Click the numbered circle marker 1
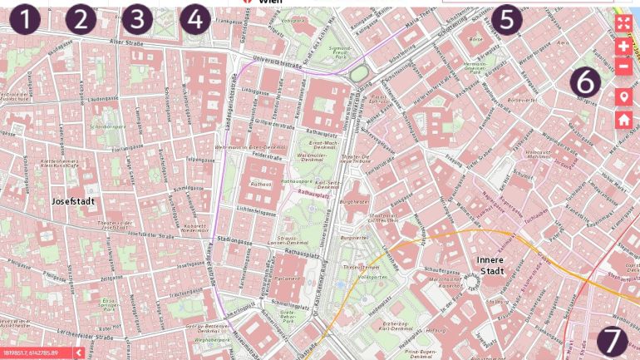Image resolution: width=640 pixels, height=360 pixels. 26,19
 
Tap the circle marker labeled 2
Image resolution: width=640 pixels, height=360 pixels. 81,19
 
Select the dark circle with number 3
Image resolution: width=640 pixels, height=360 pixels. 137,19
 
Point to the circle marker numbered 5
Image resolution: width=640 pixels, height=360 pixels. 506,18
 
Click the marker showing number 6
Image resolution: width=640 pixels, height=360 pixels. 584,81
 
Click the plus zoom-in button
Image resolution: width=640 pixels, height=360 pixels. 623,47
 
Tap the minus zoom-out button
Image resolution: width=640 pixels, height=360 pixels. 623,67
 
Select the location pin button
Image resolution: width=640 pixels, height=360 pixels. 623,97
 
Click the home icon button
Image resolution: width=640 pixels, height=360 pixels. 623,120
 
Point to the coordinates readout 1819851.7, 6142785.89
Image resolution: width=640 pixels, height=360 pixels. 34,353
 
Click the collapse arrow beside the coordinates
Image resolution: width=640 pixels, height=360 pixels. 78,353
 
